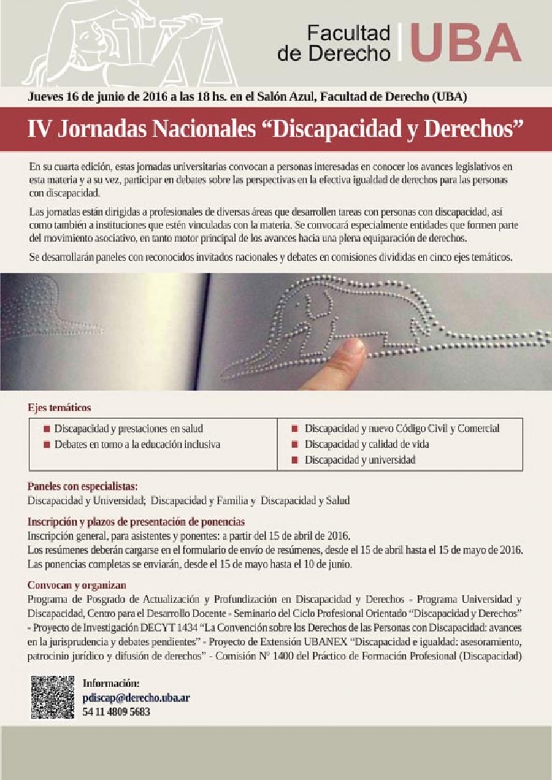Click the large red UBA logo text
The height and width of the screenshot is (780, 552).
tap(466, 42)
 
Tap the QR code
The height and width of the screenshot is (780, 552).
tap(52, 697)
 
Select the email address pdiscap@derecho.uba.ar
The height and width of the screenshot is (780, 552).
tap(136, 697)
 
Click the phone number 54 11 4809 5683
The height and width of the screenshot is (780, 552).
tap(116, 712)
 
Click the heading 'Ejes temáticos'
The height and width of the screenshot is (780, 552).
tap(59, 408)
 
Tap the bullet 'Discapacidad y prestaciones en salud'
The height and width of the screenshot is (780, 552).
tap(128, 429)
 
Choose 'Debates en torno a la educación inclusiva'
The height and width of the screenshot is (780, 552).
tap(137, 444)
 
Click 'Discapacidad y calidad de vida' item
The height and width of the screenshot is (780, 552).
tap(366, 444)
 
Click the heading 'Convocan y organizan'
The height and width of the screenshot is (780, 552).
tap(77, 585)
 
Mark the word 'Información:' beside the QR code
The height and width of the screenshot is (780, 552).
tap(111, 683)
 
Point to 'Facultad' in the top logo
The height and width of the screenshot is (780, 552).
tap(348, 34)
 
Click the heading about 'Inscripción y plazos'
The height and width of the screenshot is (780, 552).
tap(136, 522)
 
